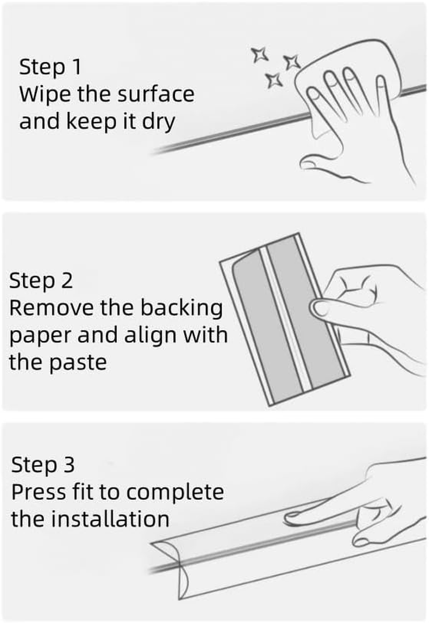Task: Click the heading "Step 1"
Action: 50,66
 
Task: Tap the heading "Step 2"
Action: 41,281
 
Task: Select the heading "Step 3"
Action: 43,464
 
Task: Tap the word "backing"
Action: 182,308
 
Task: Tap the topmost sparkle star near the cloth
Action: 260,55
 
